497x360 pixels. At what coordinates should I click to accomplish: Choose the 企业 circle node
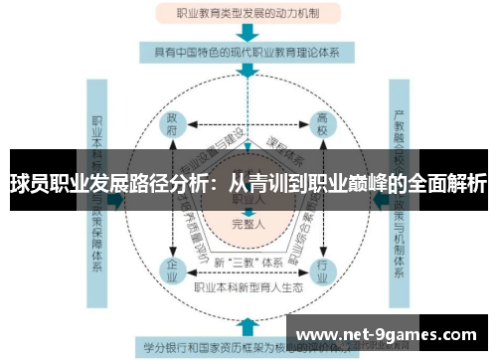172,270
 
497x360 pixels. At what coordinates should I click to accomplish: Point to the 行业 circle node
321,270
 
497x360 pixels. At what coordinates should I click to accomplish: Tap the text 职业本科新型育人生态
248,288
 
